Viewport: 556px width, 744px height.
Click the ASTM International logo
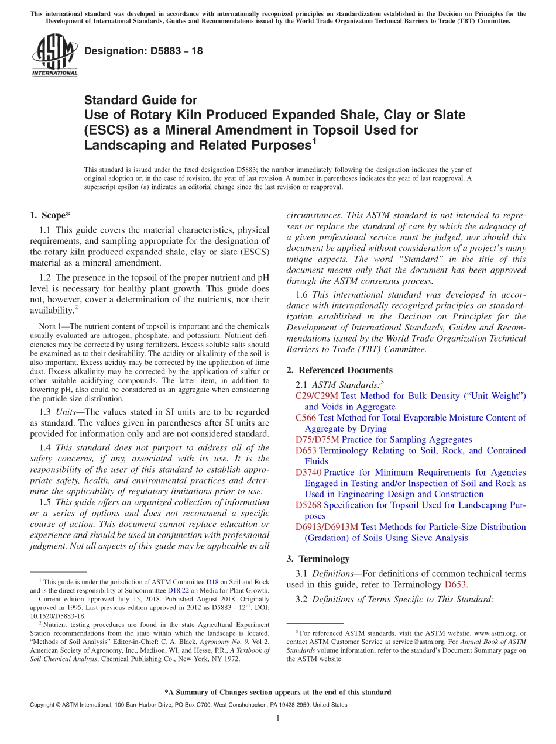[x=54, y=55]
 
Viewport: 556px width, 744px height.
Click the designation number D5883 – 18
[x=143, y=51]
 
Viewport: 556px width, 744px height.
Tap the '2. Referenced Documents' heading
[x=339, y=370]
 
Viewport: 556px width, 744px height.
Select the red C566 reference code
[x=306, y=418]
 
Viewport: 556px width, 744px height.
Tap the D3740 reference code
[x=308, y=472]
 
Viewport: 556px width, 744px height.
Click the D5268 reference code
[x=308, y=505]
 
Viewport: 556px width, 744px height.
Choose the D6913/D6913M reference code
[x=327, y=527]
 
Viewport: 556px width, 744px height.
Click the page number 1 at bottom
[x=278, y=719]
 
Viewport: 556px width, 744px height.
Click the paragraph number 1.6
[x=303, y=295]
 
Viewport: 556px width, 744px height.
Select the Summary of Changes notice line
[x=278, y=692]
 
